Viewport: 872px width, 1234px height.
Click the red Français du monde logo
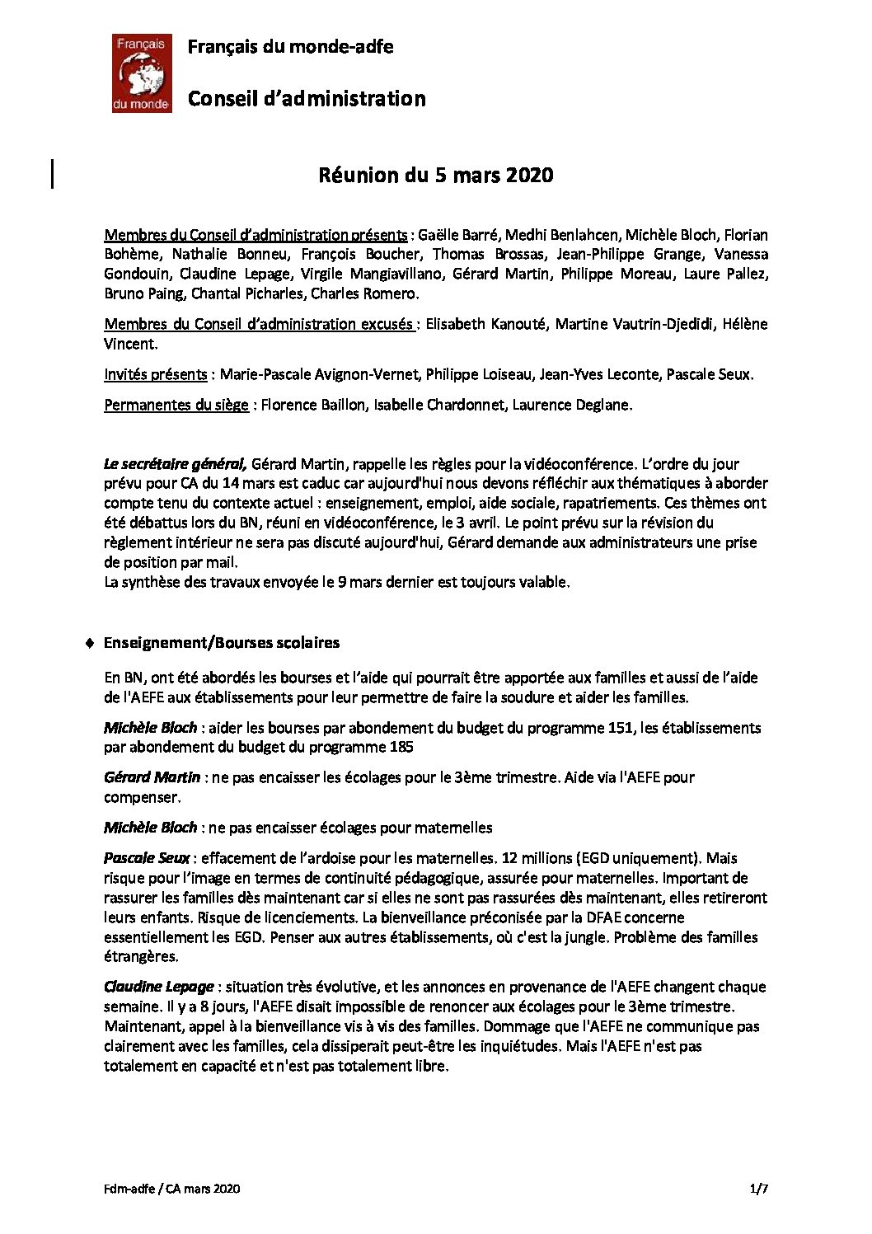pos(142,73)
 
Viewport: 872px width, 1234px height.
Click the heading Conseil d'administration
pos(307,99)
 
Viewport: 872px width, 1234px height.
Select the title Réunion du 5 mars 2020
pos(436,175)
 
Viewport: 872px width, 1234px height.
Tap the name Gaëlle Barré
pos(458,235)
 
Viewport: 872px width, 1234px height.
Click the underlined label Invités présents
pos(155,374)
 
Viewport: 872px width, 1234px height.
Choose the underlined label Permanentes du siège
pos(176,405)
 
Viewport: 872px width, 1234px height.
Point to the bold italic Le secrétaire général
pos(175,463)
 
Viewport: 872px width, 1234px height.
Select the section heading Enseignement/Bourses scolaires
pos(222,643)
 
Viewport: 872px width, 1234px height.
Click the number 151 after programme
pos(621,728)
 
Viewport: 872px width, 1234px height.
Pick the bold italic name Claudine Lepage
pos(158,987)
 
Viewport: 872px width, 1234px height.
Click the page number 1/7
pos(759,1188)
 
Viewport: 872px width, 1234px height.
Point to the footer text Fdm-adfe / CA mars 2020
pos(172,1188)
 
